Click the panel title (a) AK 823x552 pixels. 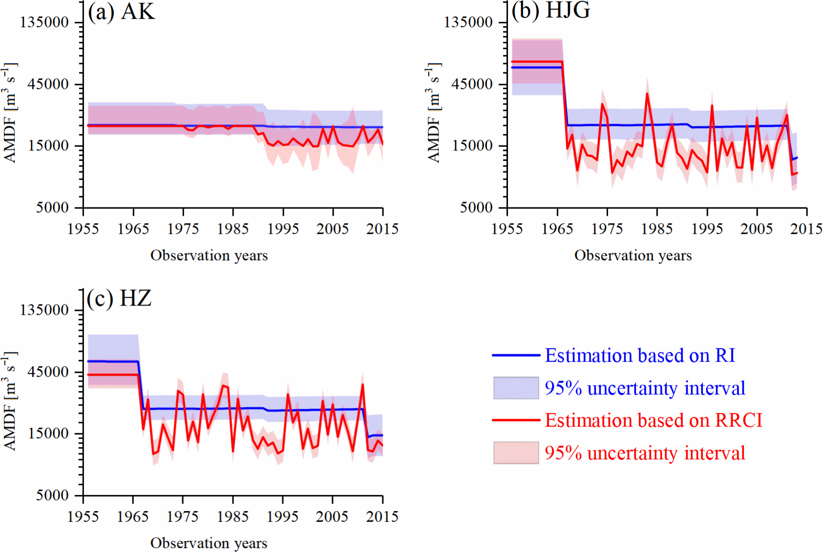pos(122,11)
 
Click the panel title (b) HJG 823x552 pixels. pos(551,10)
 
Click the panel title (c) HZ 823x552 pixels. pos(119,298)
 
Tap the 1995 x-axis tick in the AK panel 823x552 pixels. pos(283,228)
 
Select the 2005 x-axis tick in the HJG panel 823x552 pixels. pos(757,228)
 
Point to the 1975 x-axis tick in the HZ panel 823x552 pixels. pos(183,516)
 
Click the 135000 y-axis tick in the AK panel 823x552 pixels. pos(44,22)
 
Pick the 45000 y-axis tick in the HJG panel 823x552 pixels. pos(472,84)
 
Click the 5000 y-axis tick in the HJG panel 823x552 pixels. pos(476,207)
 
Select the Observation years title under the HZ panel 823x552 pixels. pos(209,543)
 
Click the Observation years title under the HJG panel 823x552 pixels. pos(633,255)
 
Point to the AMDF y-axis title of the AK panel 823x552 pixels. pos(10,112)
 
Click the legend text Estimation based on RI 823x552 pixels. pos(640,355)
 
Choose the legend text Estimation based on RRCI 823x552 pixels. pos(654,420)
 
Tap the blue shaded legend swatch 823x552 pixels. pos(516,388)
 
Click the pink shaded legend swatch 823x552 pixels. pos(516,452)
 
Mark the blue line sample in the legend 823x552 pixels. pos(516,355)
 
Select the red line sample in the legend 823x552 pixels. pos(516,420)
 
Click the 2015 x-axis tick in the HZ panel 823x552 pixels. pos(382,516)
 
